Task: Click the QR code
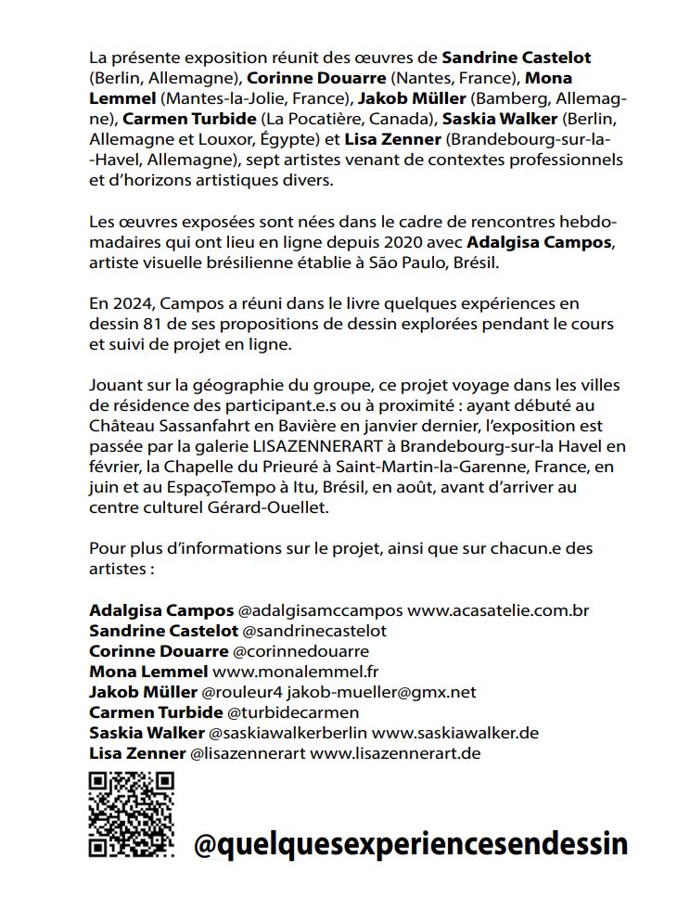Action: [x=131, y=814]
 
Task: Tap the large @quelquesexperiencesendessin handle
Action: [x=411, y=843]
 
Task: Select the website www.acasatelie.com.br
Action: [x=498, y=610]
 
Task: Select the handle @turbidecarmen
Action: [x=292, y=712]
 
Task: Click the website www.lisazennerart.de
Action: [x=395, y=753]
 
